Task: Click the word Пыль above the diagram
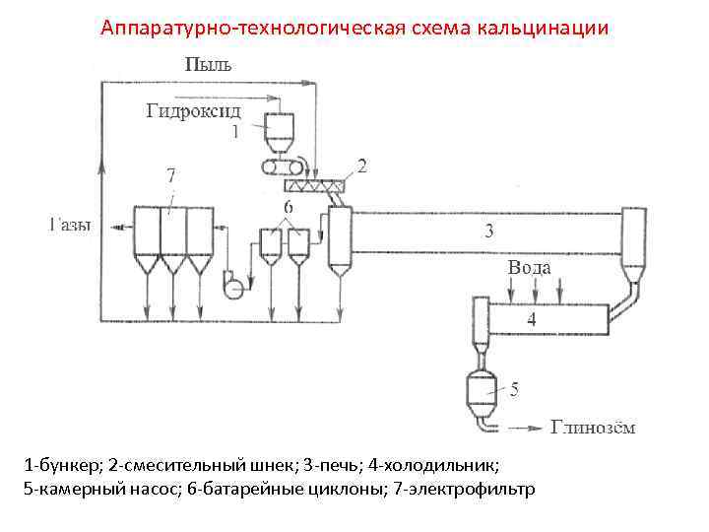click(209, 65)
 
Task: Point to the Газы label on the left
click(68, 226)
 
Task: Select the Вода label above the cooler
click(530, 268)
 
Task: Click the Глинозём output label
click(593, 428)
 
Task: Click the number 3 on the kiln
click(489, 232)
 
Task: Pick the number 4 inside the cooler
click(531, 319)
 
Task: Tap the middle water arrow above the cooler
click(535, 291)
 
